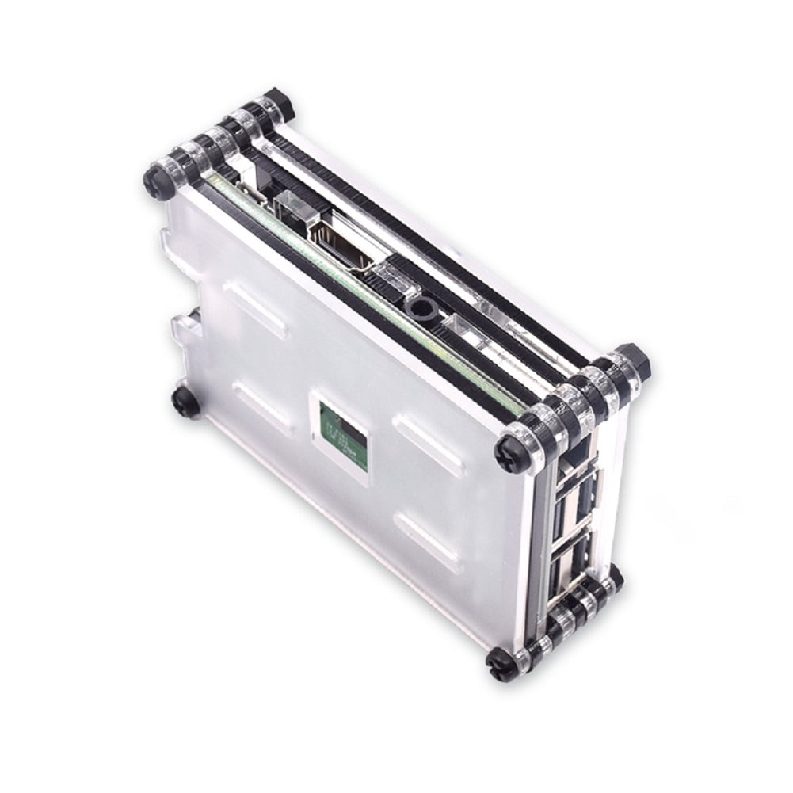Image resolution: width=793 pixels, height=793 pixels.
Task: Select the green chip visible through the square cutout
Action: [344, 434]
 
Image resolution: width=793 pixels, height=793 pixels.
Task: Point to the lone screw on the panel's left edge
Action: [185, 401]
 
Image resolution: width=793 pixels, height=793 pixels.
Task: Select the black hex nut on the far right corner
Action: [635, 360]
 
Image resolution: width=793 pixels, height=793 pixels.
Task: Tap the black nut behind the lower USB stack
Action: [614, 577]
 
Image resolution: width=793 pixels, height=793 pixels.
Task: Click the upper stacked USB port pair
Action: [576, 486]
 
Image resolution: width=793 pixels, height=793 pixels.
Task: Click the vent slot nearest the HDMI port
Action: [255, 310]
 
